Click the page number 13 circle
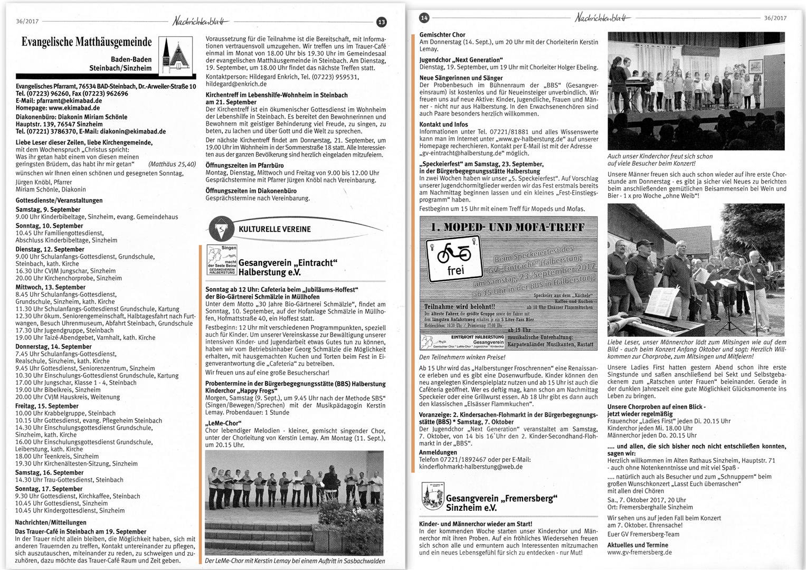381,22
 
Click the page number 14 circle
424,18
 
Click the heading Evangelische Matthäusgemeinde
87,42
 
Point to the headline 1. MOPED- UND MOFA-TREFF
507,227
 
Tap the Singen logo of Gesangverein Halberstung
221,260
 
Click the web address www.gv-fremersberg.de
639,552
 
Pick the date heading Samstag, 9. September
44,210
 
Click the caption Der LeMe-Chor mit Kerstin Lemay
295,560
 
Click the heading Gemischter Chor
442,35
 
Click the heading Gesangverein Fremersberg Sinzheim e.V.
501,502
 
